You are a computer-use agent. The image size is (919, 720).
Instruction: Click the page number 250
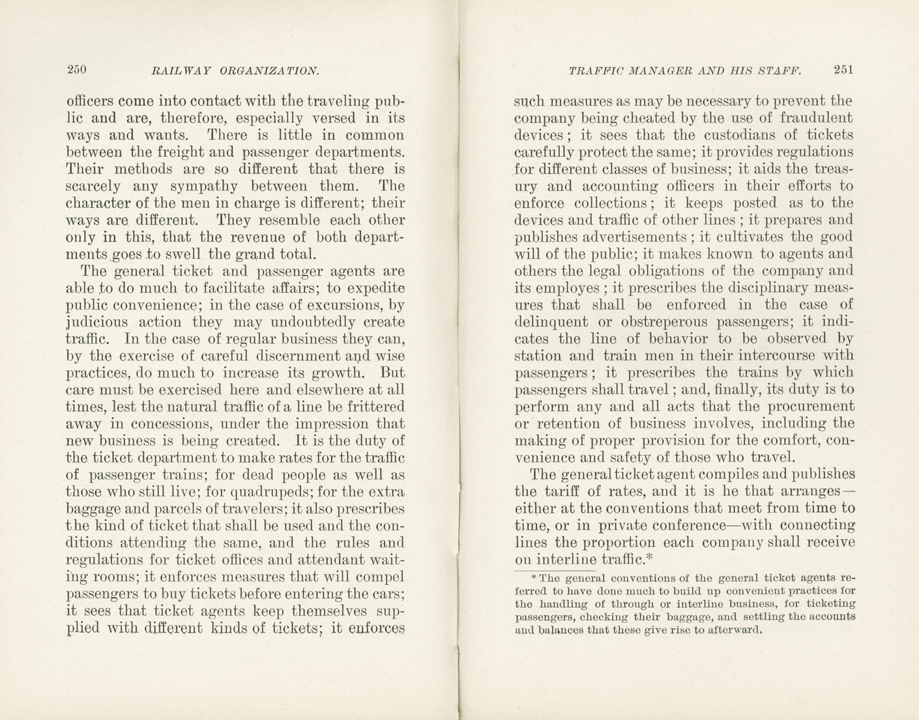(77, 70)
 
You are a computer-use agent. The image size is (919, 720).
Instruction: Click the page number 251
(843, 70)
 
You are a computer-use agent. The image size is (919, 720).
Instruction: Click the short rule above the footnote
(530, 571)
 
